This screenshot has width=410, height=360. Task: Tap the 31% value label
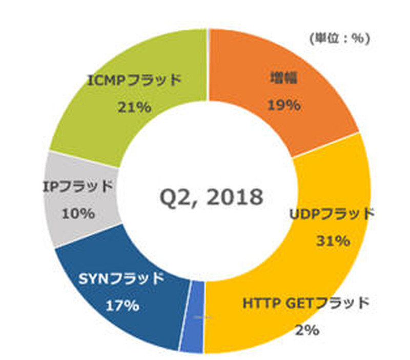point(334,240)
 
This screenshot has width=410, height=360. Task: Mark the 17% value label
point(122,305)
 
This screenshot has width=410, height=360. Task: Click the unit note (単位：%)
point(339,38)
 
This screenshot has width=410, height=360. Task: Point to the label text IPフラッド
point(77,187)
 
